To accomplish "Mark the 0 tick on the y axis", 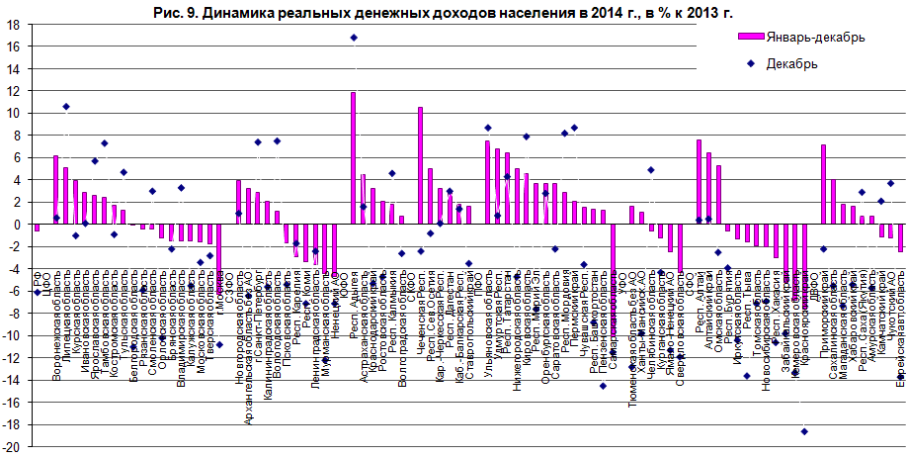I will click(x=18, y=225).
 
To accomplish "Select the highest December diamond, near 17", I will click(x=354, y=38).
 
